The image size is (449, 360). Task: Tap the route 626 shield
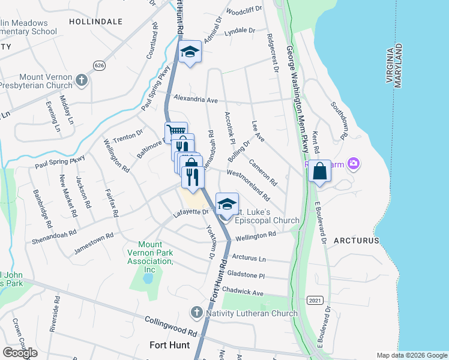[x=99, y=64]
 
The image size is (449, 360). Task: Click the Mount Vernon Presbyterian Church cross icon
[x=82, y=79]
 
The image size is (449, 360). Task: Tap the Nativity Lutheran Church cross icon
[x=196, y=313]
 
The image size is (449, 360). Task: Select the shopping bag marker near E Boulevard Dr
[x=321, y=171]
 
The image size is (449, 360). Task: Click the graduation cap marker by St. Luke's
[x=226, y=203]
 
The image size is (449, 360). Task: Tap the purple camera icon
[x=354, y=163]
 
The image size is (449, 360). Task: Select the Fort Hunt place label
[x=169, y=345]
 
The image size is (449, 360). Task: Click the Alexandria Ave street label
[x=195, y=98]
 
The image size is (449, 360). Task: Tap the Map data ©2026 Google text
[x=411, y=355]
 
